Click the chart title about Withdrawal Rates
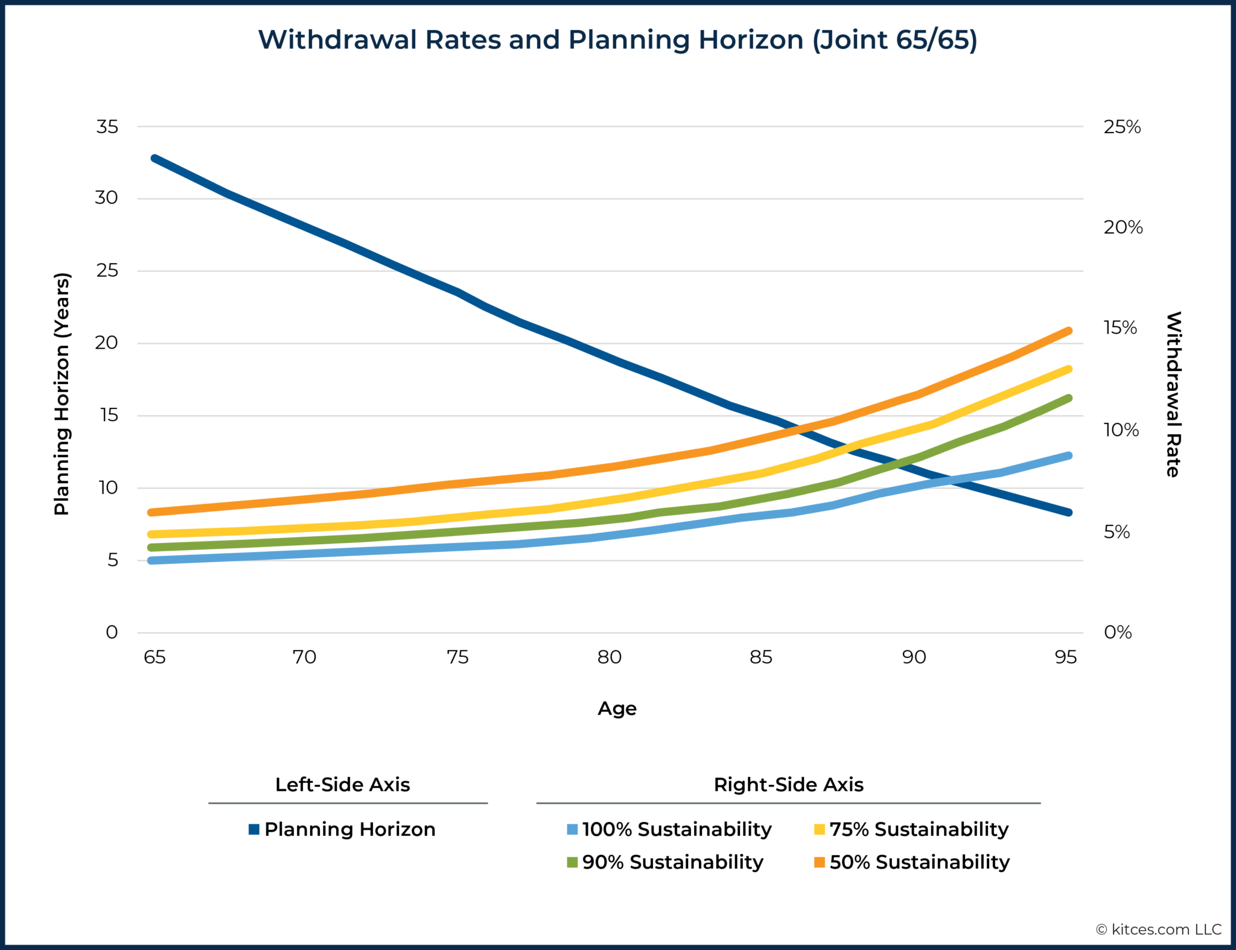point(617,40)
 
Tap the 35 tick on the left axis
point(107,127)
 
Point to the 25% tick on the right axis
point(1122,127)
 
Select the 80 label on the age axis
point(610,657)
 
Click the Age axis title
point(617,708)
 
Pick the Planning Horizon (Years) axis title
point(62,394)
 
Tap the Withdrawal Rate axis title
point(1173,394)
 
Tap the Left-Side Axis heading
point(342,785)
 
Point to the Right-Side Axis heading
point(788,785)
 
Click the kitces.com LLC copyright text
point(1159,929)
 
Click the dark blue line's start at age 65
point(155,159)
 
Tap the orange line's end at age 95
point(1068,331)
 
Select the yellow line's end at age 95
point(1068,369)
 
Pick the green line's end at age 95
point(1068,398)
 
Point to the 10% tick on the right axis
point(1121,430)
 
